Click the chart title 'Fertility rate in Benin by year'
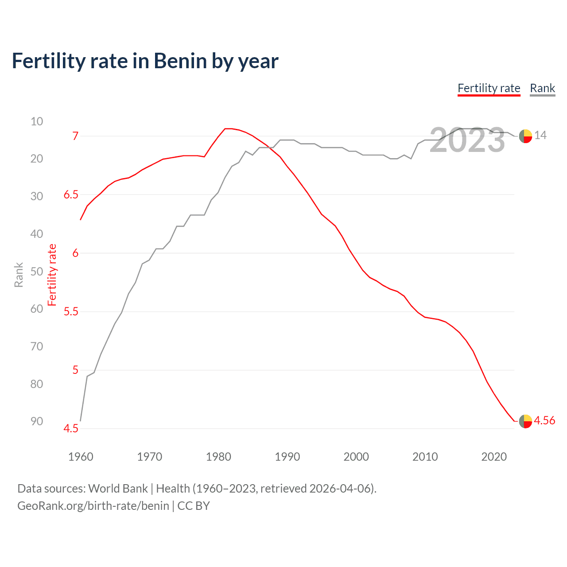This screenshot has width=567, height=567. (145, 61)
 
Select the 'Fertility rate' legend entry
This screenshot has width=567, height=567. (489, 88)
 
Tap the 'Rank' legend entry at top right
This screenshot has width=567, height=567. (542, 88)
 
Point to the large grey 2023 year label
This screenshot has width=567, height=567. (467, 140)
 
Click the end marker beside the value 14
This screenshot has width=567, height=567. (525, 136)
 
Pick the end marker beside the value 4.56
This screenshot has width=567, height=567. (525, 421)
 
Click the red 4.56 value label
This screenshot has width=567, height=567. (544, 420)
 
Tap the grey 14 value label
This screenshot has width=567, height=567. (540, 135)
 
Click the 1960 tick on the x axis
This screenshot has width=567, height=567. (81, 457)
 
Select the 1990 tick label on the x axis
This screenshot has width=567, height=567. (287, 457)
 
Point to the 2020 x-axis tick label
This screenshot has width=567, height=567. (494, 457)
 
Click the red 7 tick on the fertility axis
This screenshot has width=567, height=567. (75, 136)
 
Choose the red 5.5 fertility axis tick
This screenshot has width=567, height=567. (71, 311)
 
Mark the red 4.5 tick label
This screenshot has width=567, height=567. (71, 428)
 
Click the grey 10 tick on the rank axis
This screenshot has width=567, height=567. (37, 121)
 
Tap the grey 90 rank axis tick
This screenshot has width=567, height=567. (37, 421)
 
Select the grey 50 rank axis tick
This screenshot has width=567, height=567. (37, 272)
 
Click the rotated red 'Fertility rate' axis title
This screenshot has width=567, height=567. (52, 275)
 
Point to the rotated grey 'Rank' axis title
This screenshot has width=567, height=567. (19, 275)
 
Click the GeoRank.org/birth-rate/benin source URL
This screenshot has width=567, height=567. (93, 506)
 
